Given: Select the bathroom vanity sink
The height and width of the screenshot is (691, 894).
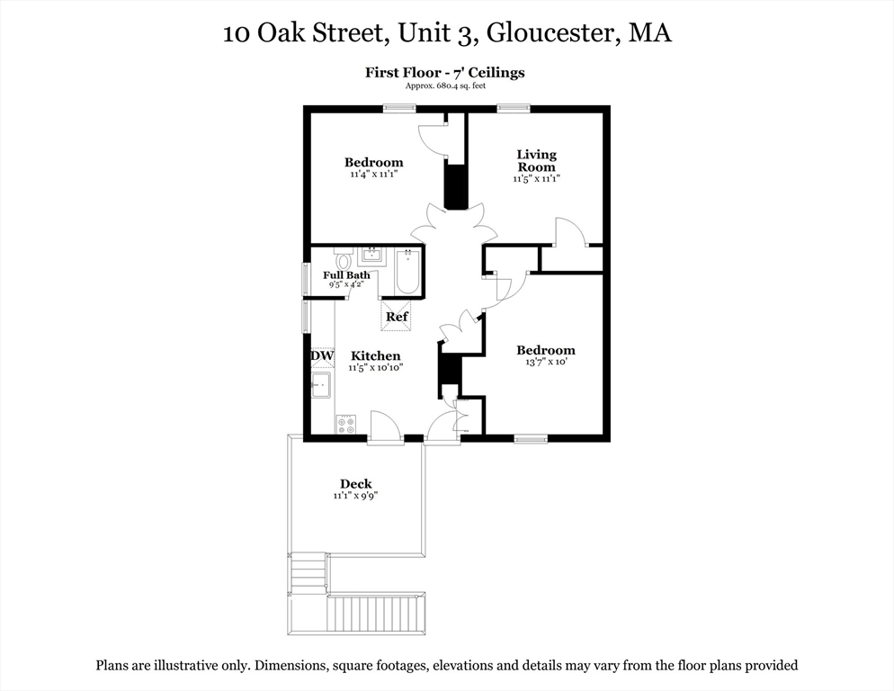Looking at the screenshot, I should [370, 256].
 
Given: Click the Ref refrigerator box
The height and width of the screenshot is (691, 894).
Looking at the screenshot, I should [397, 317].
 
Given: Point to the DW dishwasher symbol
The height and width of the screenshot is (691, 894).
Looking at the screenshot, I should [322, 356].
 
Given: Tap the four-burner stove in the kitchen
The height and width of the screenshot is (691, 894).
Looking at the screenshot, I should [346, 424].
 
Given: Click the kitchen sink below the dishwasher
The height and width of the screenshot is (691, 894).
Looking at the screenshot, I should [321, 386].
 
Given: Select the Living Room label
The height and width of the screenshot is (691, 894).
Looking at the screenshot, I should [536, 160].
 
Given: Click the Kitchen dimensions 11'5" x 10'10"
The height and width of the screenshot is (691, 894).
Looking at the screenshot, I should [375, 367].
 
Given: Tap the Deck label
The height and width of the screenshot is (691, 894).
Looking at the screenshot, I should [355, 484].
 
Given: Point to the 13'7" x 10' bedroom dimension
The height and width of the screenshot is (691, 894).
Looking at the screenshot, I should [545, 362].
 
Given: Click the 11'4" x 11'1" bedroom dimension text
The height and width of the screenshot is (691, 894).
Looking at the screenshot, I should [373, 174].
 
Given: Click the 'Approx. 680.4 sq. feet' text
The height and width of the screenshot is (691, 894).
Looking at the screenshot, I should [444, 85].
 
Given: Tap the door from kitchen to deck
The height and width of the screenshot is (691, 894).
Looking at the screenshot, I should [385, 426].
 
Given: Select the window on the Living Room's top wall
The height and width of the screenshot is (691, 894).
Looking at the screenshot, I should [513, 108].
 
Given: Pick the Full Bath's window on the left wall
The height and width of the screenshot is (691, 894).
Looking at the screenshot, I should [306, 278].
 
